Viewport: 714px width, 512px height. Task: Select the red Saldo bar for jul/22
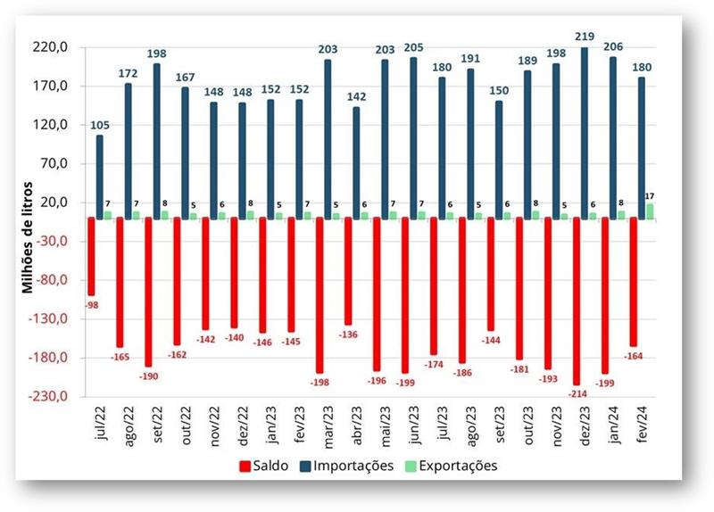point(91,256)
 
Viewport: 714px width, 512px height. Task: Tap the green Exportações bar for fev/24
point(650,211)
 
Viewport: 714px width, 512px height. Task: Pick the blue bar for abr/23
point(356,162)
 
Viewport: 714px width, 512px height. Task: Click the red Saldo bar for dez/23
point(576,301)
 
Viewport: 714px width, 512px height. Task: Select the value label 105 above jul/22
point(100,124)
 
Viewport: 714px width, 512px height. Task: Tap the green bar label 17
point(651,195)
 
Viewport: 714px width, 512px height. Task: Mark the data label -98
point(91,304)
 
